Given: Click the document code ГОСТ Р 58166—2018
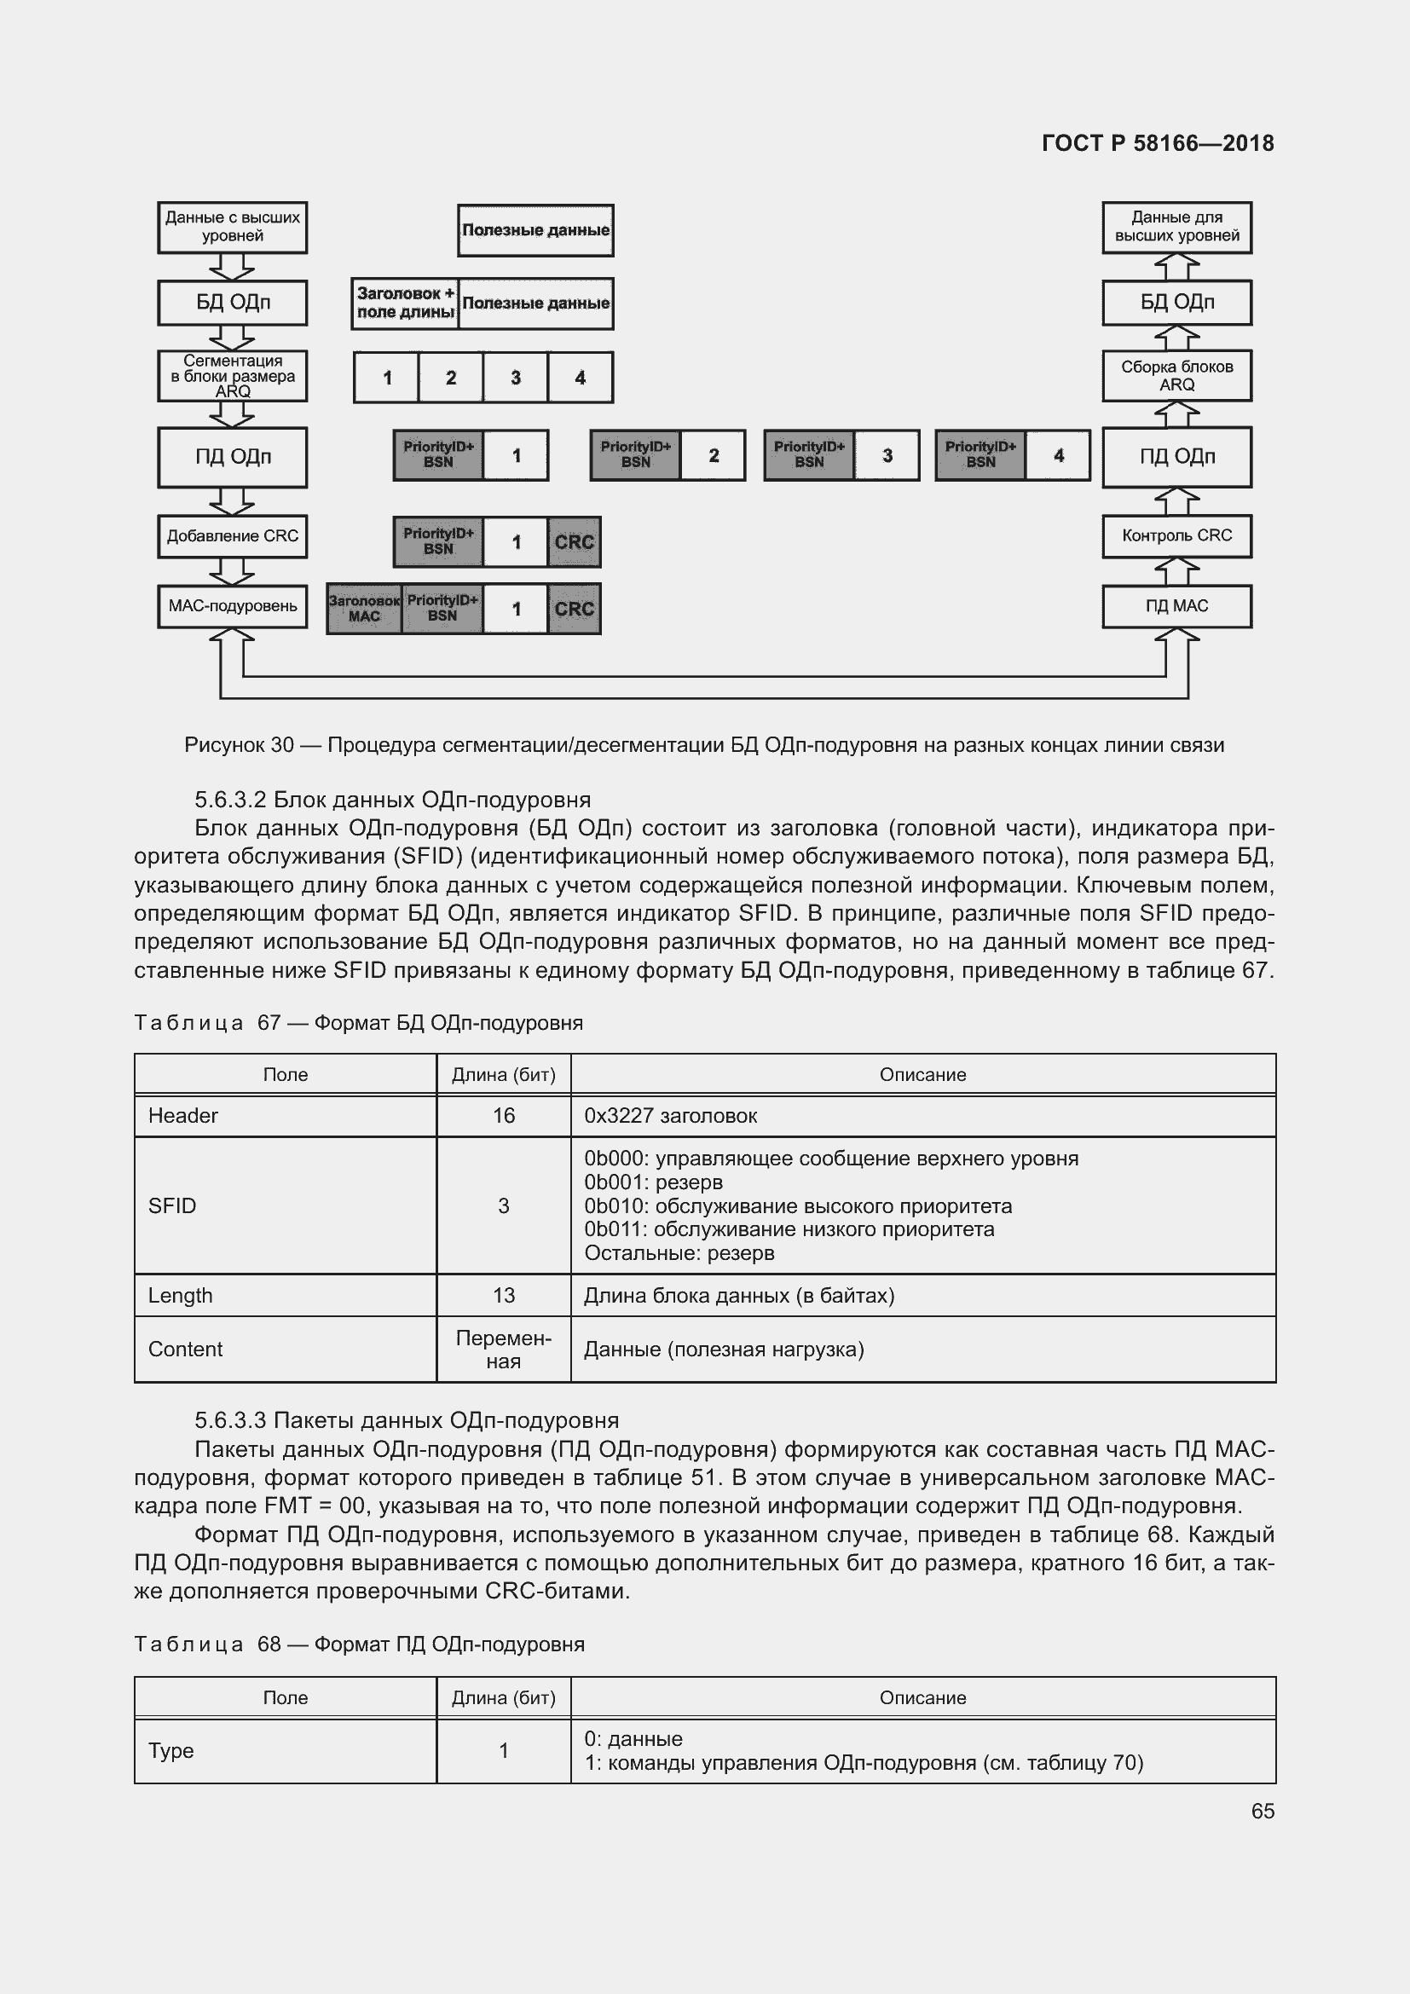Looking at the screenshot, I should (x=1158, y=143).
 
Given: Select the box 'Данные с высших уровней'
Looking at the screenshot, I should (x=233, y=228).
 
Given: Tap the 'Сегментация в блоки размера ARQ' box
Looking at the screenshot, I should (x=233, y=376).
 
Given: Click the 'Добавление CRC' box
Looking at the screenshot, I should (x=233, y=536).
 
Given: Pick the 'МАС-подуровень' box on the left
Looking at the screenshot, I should (x=233, y=606).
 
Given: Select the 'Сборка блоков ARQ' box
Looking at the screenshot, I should (x=1176, y=376).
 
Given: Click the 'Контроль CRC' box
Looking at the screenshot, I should (x=1176, y=536).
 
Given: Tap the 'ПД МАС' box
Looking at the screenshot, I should (x=1176, y=606).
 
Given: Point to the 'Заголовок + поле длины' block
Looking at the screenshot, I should (x=405, y=303).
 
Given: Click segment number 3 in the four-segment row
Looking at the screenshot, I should (x=516, y=378).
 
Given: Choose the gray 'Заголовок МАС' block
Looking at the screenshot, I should (x=364, y=609).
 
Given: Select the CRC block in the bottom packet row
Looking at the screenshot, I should (x=574, y=609).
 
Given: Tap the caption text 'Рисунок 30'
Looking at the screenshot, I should (x=240, y=745).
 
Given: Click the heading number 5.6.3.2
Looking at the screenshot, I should (x=230, y=800).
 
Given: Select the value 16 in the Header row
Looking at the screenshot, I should (x=504, y=1116).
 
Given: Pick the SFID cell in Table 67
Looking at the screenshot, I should (x=172, y=1205).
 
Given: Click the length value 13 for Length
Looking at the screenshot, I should (x=504, y=1296).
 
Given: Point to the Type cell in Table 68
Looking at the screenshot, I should (x=171, y=1751).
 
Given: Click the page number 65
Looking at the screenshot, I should (x=1263, y=1811).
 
